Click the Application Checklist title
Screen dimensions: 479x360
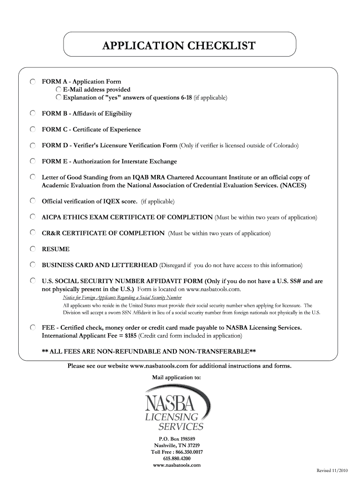pos(180,46)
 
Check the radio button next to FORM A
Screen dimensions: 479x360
pos(33,82)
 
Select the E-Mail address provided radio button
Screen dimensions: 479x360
pos(58,89)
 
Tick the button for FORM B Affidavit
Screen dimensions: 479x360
pos(33,114)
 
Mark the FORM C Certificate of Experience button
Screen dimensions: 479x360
pos(33,130)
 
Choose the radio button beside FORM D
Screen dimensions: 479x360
pos(33,145)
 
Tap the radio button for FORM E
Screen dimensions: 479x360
pos(33,161)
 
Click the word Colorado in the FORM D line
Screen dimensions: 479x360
pos(284,145)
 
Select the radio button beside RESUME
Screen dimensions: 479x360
pos(33,249)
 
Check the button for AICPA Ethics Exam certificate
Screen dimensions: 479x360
pos(33,217)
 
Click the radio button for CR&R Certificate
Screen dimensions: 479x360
pos(33,233)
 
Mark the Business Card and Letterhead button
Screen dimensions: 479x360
pos(33,265)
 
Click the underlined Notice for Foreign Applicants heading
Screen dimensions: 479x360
pos(122,298)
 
